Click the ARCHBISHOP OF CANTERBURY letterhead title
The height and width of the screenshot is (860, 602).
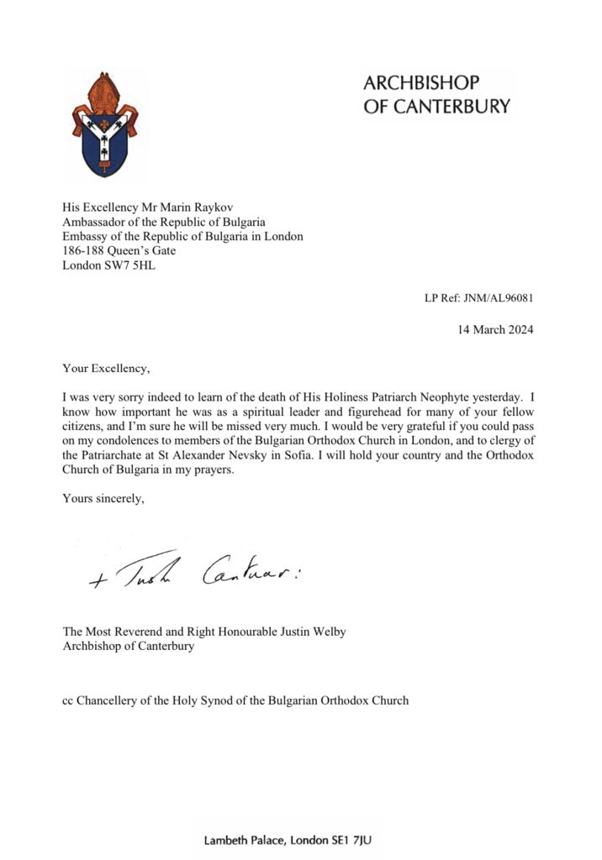[x=436, y=94]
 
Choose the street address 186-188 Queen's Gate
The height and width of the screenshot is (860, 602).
[x=119, y=252]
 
